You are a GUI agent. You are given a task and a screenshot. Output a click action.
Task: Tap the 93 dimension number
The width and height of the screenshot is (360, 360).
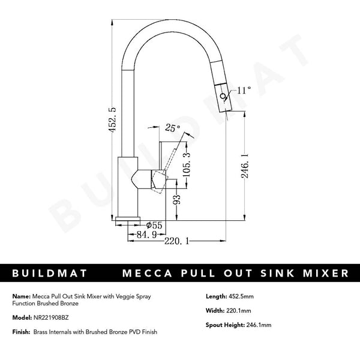(177, 200)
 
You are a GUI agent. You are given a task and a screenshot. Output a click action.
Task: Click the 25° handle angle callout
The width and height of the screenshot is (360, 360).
(172, 128)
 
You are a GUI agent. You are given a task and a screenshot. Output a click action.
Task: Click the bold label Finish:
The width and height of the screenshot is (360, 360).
(19, 332)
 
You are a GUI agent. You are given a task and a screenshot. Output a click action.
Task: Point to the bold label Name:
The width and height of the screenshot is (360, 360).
(19, 296)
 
